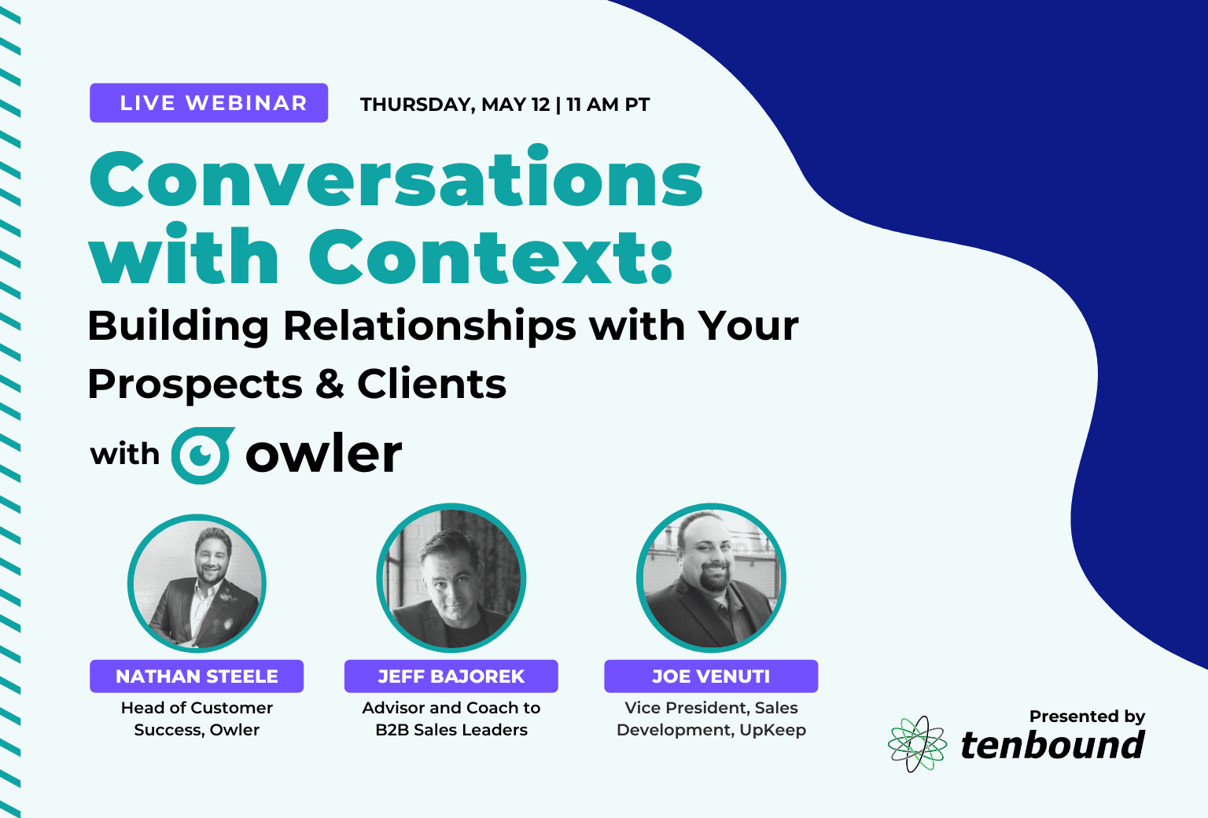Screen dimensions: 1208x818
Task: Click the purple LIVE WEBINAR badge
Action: (208, 103)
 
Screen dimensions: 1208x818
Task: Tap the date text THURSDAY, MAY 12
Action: (455, 105)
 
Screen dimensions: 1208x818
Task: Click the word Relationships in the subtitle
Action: (429, 327)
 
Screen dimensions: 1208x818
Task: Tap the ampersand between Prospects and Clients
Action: (330, 383)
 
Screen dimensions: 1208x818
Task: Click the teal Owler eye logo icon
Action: (203, 455)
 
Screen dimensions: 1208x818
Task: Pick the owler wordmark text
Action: (324, 453)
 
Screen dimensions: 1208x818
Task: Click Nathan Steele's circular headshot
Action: (197, 584)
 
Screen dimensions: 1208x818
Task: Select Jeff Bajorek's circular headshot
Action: (451, 578)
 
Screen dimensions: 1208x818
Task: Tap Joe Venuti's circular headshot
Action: (711, 578)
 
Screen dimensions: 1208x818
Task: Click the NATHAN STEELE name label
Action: (197, 676)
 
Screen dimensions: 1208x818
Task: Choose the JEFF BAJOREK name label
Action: (451, 676)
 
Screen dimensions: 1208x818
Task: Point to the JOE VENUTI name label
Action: (711, 676)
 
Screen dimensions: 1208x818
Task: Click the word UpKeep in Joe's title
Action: (772, 730)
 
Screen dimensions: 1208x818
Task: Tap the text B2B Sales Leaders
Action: (451, 730)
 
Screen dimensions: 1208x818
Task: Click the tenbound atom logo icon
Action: (917, 744)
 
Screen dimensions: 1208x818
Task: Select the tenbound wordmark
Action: (1052, 745)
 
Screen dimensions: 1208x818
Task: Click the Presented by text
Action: (1087, 716)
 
